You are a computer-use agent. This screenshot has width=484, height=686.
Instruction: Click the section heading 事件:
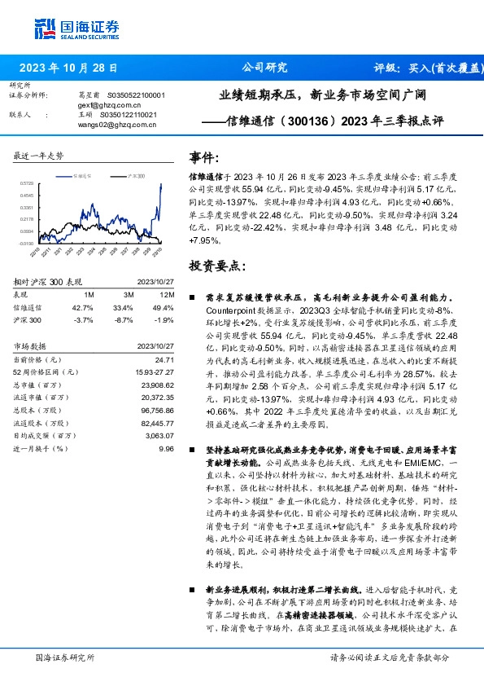point(203,156)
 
